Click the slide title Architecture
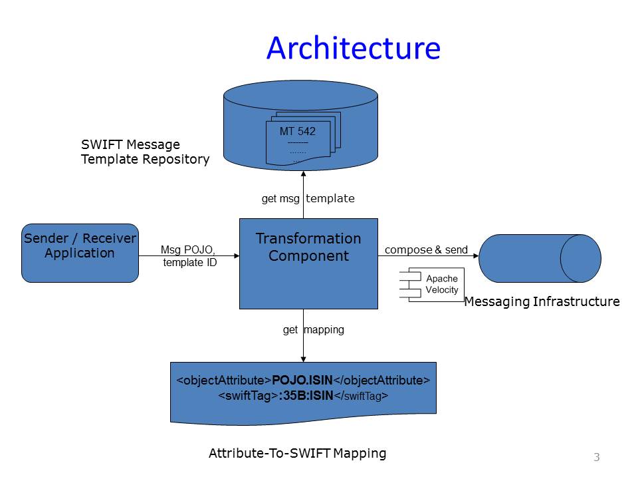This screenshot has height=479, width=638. (x=353, y=49)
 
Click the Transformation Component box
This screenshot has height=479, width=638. (x=308, y=263)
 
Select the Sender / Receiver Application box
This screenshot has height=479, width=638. (x=80, y=253)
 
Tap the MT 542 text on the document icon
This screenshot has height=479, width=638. (x=297, y=131)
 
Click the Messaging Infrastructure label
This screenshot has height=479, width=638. (x=542, y=302)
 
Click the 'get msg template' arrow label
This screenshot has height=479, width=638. (x=308, y=198)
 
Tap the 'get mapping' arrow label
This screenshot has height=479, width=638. (x=314, y=329)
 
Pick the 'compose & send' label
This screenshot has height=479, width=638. (x=426, y=250)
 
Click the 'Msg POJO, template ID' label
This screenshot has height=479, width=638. (x=189, y=256)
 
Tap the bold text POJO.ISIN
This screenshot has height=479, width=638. (x=302, y=381)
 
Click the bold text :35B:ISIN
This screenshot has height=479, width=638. (x=305, y=396)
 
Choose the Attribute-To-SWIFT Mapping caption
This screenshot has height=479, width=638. (x=297, y=454)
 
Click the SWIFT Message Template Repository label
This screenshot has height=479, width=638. (x=145, y=152)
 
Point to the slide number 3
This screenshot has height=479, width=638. (x=596, y=457)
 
